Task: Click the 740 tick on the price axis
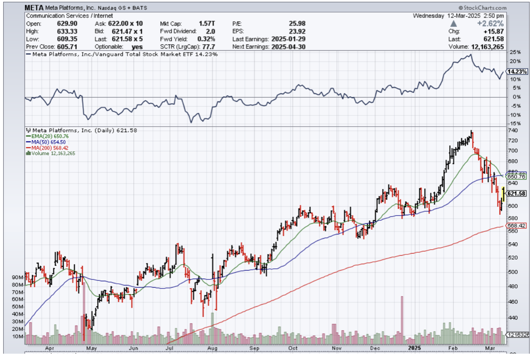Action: [512, 130]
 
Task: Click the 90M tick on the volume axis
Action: [18, 277]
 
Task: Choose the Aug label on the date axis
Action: [212, 348]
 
